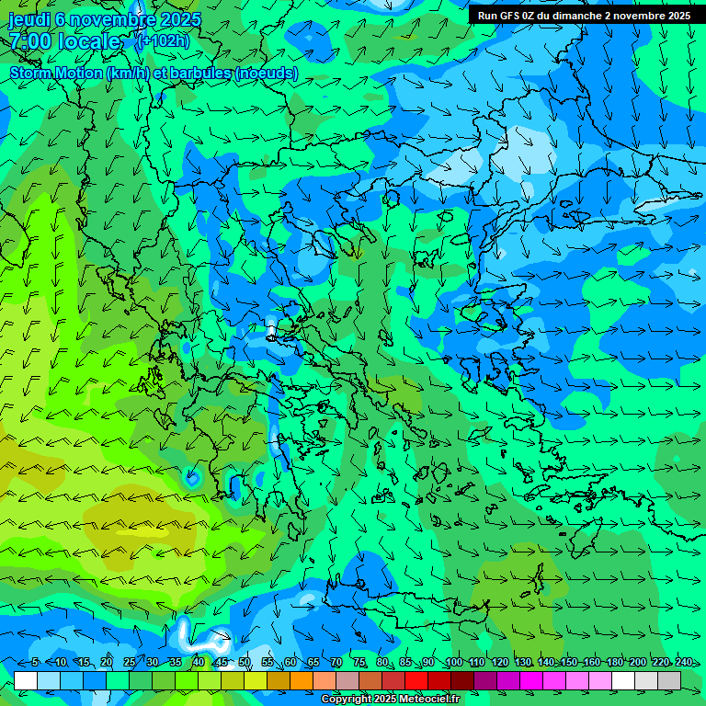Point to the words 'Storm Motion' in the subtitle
pyautogui.click(x=56, y=74)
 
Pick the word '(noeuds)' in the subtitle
pyautogui.click(x=267, y=74)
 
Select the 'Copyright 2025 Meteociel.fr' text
pyautogui.click(x=389, y=700)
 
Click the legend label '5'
pyautogui.click(x=35, y=662)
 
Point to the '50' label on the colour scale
pyautogui.click(x=244, y=662)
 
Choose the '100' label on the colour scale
pyautogui.click(x=453, y=662)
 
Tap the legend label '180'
pyautogui.click(x=614, y=662)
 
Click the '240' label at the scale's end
pyautogui.click(x=683, y=662)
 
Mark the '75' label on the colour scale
pyautogui.click(x=359, y=662)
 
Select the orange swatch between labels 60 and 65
pyautogui.click(x=302, y=680)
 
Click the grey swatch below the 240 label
pyautogui.click(x=669, y=680)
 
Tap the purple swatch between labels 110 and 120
pyautogui.click(x=485, y=680)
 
